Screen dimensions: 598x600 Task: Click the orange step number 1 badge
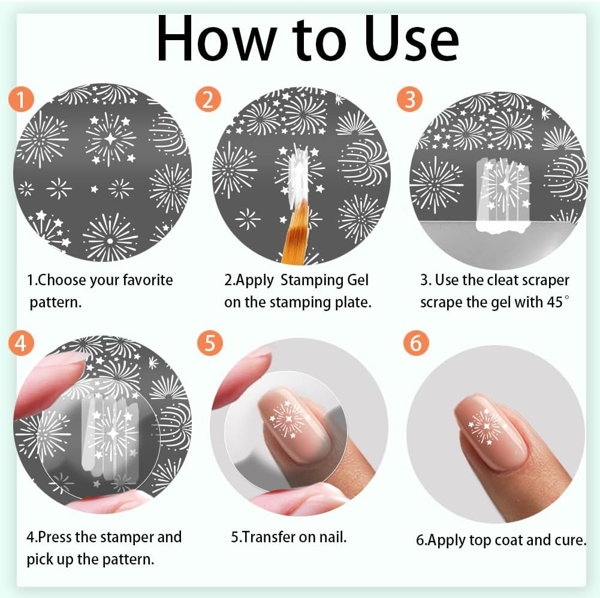pos(21,99)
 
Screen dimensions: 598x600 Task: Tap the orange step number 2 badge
pos(207,99)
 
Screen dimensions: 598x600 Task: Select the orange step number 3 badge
pos(409,99)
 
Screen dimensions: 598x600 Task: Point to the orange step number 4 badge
pos(22,343)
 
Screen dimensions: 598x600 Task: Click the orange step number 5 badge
pos(210,343)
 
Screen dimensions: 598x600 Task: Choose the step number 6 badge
pos(416,343)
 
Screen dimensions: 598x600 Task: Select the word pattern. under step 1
pos(56,302)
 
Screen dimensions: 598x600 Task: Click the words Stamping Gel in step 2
pos(324,280)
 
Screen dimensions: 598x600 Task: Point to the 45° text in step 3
pos(554,301)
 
